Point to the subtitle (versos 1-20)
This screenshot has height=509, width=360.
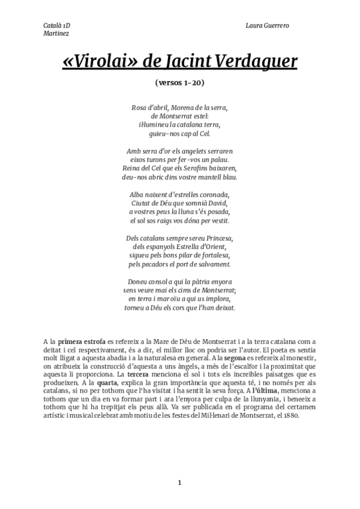(x=180, y=82)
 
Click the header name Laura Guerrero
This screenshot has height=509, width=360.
(x=268, y=26)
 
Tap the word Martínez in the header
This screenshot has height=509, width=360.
(x=56, y=34)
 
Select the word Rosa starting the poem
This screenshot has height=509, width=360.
(x=139, y=108)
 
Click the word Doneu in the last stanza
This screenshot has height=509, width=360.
(x=140, y=282)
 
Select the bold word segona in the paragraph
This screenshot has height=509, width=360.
(x=234, y=358)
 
